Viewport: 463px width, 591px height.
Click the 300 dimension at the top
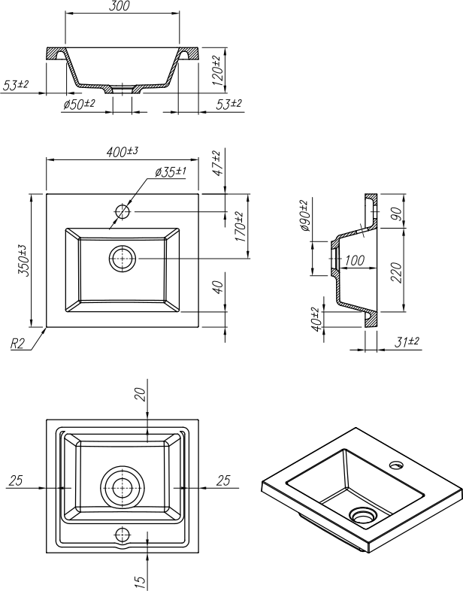click(120, 6)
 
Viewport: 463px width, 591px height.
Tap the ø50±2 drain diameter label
click(79, 103)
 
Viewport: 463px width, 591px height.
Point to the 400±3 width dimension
click(122, 152)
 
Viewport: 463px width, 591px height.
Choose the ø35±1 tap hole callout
click(171, 172)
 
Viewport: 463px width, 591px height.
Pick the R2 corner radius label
click(18, 345)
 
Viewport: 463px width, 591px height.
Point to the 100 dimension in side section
click(355, 261)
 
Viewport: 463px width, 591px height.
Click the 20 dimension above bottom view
click(141, 394)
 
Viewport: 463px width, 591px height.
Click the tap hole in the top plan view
click(123, 211)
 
